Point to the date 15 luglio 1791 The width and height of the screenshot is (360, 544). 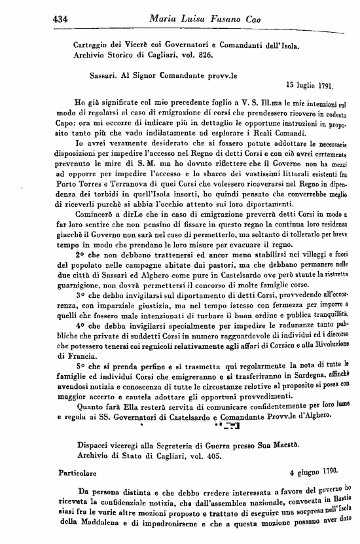pos(310,84)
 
